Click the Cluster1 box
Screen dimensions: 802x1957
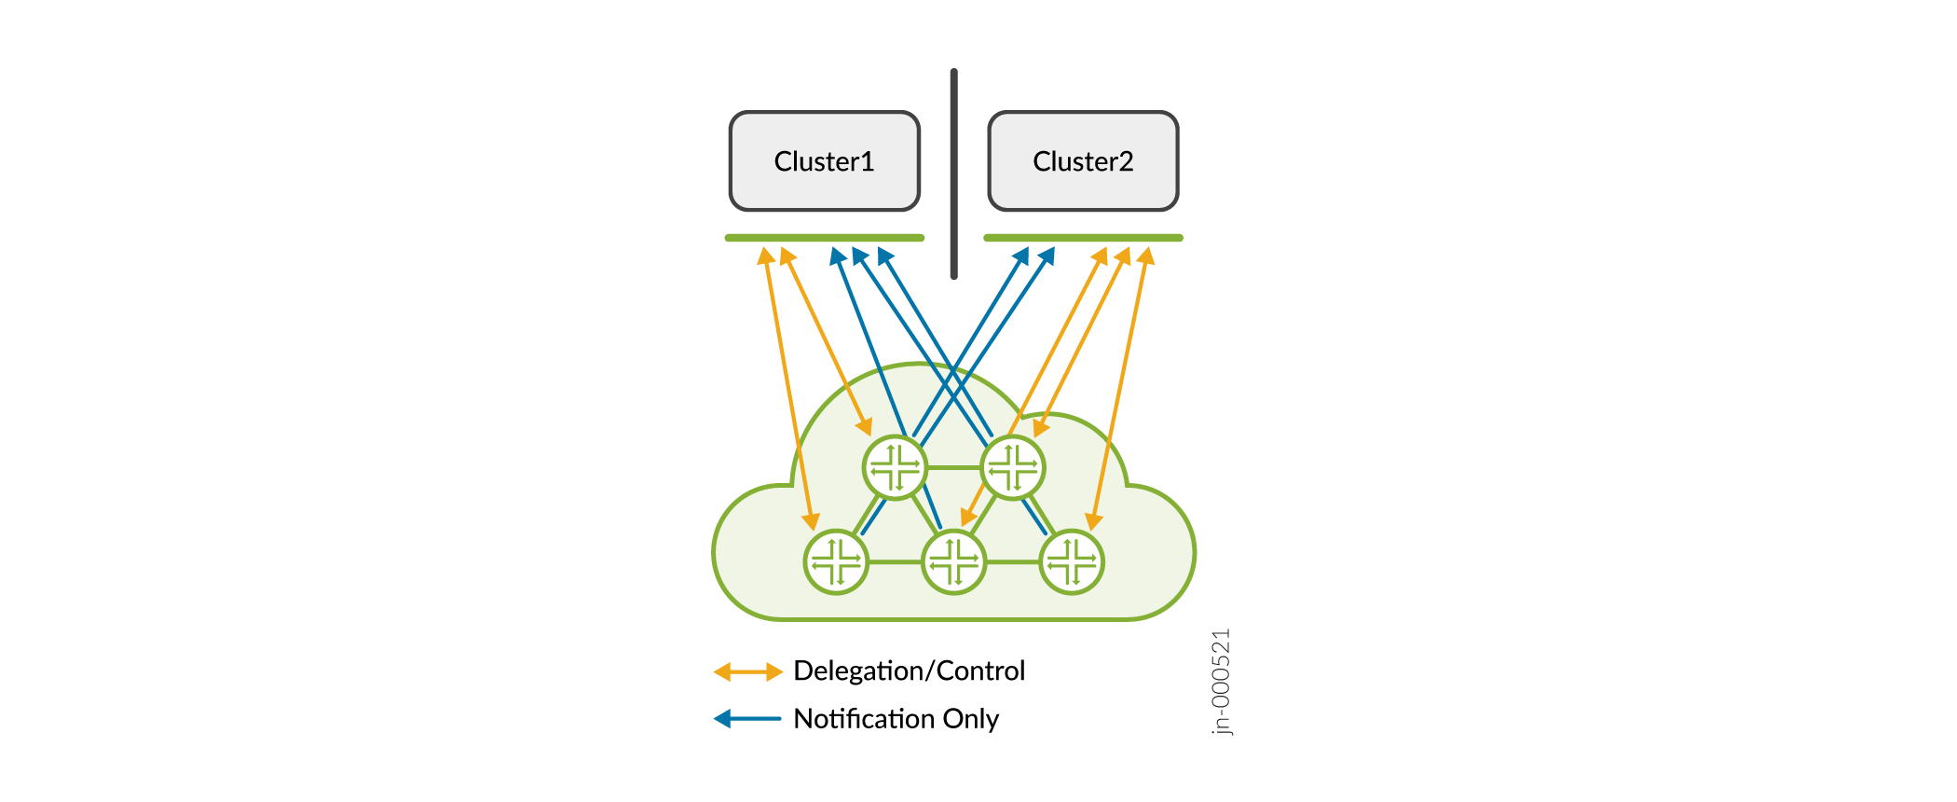(825, 161)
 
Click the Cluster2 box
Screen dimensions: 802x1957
(1083, 161)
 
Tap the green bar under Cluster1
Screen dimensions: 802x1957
(825, 238)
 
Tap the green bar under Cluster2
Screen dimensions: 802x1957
(1083, 238)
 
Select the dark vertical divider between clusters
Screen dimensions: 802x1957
(953, 173)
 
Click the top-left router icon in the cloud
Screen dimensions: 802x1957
(895, 467)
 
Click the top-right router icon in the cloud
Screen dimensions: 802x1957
(1013, 467)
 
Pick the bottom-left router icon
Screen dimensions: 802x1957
(836, 561)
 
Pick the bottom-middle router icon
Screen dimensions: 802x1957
(953, 561)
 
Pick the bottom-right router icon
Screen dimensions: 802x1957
(1072, 561)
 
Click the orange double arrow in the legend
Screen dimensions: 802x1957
(747, 671)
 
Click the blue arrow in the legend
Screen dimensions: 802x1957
(747, 719)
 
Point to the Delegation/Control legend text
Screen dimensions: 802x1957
(909, 671)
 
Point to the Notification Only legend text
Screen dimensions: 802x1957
(896, 719)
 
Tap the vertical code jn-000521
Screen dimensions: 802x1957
(1221, 682)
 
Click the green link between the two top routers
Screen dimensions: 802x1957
(953, 467)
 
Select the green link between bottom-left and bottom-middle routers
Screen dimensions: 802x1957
(895, 561)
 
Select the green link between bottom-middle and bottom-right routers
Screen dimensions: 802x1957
(1013, 561)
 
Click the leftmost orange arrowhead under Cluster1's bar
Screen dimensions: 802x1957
(765, 256)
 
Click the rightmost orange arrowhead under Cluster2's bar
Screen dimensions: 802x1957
(1146, 256)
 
